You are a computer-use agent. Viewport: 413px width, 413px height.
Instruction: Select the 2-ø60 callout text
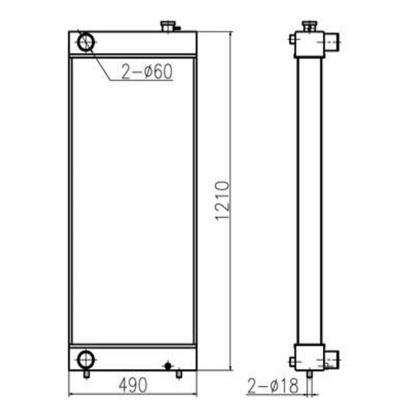pyautogui.click(x=147, y=72)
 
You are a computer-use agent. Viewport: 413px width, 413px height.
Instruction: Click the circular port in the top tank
pyautogui.click(x=86, y=43)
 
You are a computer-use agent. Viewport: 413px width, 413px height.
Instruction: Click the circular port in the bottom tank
pyautogui.click(x=85, y=359)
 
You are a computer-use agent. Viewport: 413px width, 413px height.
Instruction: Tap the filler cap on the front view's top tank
pyautogui.click(x=168, y=26)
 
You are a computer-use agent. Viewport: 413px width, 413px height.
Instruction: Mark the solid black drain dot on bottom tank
pyautogui.click(x=168, y=366)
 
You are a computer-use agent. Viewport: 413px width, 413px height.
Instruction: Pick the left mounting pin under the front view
pyautogui.click(x=86, y=374)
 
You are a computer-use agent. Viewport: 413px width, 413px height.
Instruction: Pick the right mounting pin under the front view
pyautogui.click(x=179, y=374)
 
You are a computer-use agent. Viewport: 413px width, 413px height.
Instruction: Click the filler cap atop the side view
pyautogui.click(x=309, y=26)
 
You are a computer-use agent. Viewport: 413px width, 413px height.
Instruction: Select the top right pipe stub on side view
pyautogui.click(x=331, y=43)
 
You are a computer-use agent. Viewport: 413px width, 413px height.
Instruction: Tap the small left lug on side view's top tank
pyautogui.click(x=292, y=40)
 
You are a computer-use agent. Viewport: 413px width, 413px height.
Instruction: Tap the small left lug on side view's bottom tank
pyautogui.click(x=292, y=361)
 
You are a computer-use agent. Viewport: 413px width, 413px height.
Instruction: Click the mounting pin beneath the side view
pyautogui.click(x=309, y=374)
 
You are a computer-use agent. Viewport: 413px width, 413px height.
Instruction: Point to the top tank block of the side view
pyautogui.click(x=309, y=44)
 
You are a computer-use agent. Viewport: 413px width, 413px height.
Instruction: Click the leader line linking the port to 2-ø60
pyautogui.click(x=103, y=63)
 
